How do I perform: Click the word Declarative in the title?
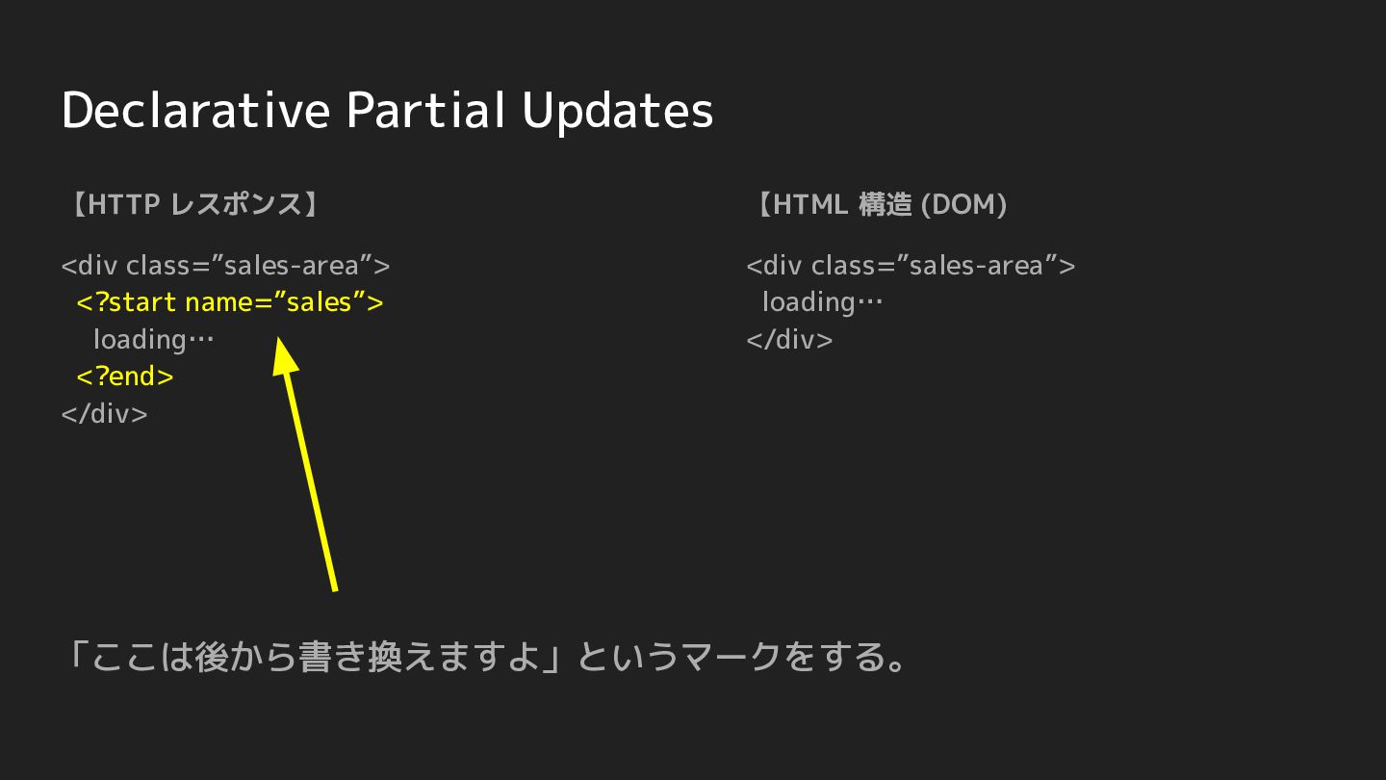195,110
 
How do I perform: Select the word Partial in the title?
425,110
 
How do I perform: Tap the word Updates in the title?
618,112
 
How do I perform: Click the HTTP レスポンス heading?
193,204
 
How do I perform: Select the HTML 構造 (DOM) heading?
883,204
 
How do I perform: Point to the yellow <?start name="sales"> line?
229,302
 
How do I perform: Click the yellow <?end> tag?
125,377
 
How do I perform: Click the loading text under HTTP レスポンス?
153,340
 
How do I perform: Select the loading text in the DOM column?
822,302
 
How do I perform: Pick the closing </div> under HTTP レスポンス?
105,413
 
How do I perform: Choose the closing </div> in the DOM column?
789,339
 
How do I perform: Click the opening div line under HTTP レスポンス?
225,266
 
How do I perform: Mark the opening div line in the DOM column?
911,266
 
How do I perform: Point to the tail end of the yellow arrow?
335,591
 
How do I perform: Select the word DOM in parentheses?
963,204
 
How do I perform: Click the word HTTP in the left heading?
124,204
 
